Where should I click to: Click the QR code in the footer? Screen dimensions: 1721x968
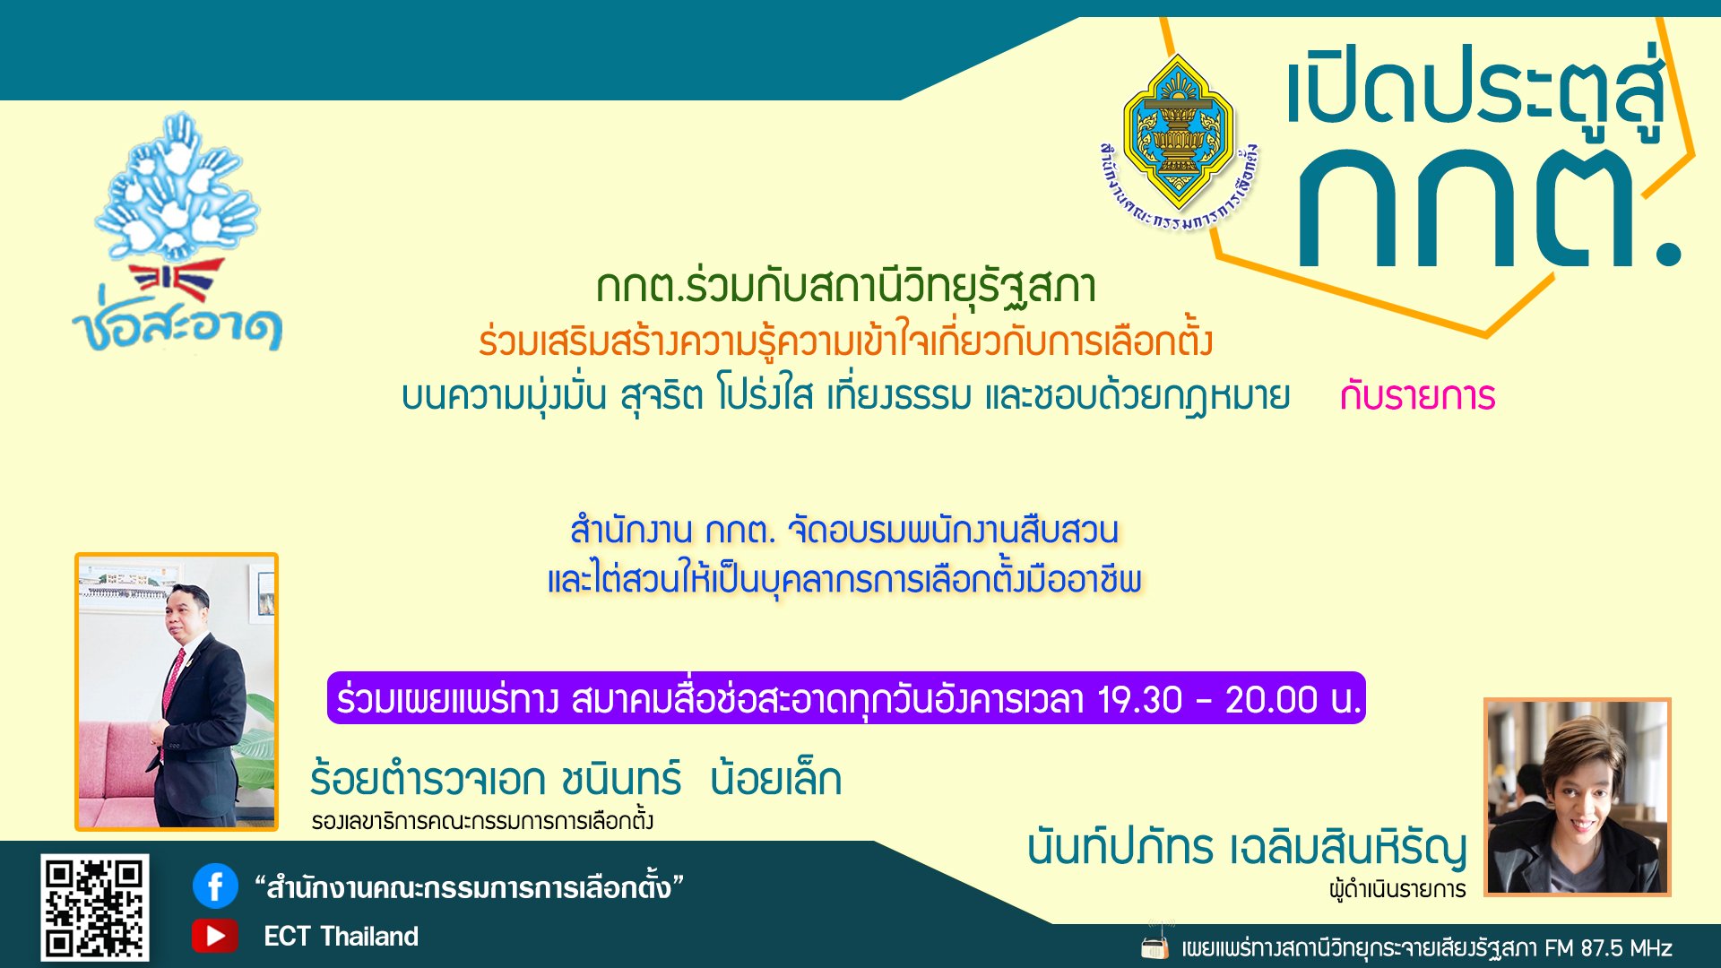click(95, 907)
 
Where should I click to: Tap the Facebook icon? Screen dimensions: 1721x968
click(215, 886)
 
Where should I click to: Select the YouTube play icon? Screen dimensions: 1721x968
click(215, 936)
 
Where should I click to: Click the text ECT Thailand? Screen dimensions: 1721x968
click(341, 937)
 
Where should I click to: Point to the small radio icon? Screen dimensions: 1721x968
click(1155, 946)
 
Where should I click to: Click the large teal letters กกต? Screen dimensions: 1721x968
click(1488, 208)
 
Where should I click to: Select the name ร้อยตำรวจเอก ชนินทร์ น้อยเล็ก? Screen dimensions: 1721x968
click(575, 778)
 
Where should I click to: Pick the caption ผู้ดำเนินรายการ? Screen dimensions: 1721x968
click(1397, 889)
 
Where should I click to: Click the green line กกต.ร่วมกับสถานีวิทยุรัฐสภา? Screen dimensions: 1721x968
click(846, 286)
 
